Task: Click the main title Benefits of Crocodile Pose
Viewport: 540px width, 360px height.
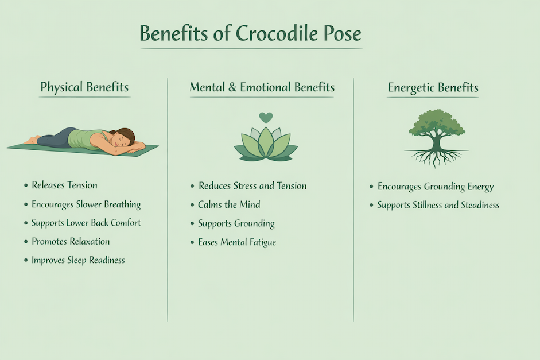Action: coord(251,34)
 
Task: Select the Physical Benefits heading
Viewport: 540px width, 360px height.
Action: coord(84,88)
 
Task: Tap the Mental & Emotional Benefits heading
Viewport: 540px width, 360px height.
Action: coord(262,88)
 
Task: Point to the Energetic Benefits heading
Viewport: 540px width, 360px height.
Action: coord(433,88)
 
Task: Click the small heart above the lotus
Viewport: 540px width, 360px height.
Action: coord(266,118)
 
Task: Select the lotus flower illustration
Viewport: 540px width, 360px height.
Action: coord(266,144)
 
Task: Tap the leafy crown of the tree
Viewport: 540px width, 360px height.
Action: coord(437,122)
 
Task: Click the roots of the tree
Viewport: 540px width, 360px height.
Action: coord(437,156)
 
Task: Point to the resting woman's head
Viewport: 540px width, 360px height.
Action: coord(124,138)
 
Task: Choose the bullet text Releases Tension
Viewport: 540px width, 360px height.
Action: coord(64,185)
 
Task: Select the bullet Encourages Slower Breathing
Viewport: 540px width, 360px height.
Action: coord(86,204)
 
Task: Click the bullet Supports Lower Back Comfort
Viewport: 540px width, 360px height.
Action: coord(86,223)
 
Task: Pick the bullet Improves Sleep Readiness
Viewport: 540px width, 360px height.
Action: coord(77,260)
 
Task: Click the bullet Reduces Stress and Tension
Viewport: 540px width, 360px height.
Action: coord(252,186)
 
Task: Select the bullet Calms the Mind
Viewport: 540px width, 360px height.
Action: coord(229,204)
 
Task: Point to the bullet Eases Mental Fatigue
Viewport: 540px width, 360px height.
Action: coord(236,242)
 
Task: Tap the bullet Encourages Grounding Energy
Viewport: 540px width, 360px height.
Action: coord(435,187)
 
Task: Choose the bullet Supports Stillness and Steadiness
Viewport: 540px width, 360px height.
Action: coord(438,205)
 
